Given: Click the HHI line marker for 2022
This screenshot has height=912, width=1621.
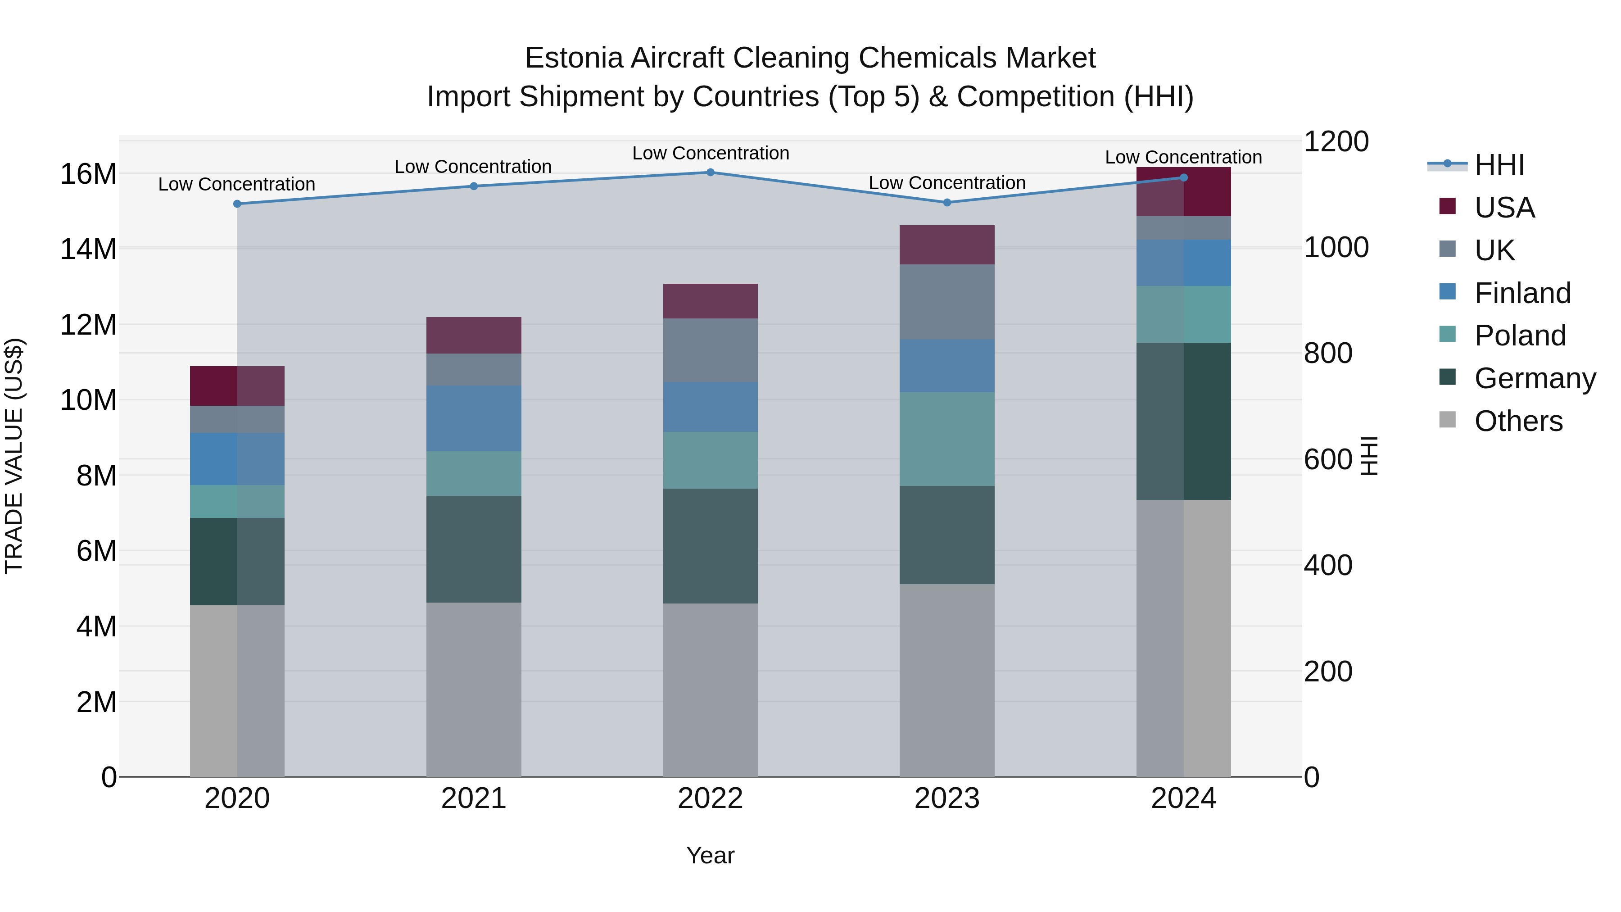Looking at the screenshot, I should click(711, 172).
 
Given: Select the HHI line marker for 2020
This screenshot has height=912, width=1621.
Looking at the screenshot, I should click(237, 204).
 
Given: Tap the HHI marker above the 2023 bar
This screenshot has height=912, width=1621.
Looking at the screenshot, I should click(947, 203).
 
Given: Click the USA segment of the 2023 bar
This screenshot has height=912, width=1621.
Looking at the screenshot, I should click(947, 245).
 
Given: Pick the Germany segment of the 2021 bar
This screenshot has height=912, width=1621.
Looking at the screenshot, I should click(474, 549).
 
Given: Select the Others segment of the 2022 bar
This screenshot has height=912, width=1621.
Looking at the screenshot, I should click(711, 690).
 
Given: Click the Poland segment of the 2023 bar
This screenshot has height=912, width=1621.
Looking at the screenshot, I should click(947, 439).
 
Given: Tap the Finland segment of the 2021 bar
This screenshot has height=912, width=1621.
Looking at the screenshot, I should click(474, 418).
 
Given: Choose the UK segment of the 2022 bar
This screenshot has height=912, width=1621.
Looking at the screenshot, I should click(711, 350).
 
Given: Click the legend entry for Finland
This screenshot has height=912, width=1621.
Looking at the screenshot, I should click(1521, 293).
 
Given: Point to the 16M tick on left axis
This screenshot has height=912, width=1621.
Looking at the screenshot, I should click(88, 174).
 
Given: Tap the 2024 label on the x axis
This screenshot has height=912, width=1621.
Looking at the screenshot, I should click(1183, 799).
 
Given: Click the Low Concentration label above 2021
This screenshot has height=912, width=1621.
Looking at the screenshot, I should click(473, 167).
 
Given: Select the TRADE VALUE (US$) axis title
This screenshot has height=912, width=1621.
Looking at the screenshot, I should click(14, 456).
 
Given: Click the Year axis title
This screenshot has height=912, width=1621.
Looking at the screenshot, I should click(711, 855).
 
